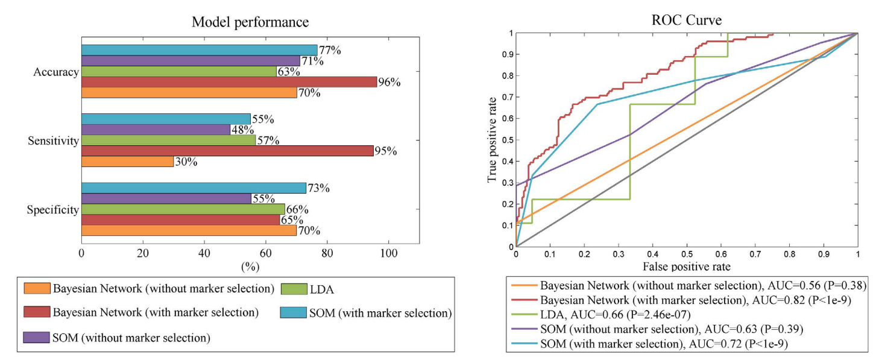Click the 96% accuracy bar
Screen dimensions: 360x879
pos(229,82)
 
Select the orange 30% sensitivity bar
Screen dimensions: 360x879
pos(127,162)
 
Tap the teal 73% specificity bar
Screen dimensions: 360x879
pos(194,188)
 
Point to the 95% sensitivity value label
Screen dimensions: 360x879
pos(386,151)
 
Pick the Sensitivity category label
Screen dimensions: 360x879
pos(53,141)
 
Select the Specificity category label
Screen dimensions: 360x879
pos(53,210)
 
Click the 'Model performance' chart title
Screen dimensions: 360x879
pos(250,22)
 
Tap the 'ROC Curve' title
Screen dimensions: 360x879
pos(687,21)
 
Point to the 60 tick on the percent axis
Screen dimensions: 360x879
pos(266,254)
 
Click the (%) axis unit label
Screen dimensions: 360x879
pos(250,266)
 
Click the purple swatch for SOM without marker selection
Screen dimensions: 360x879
pos(35,338)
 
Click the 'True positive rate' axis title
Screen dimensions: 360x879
pos(493,139)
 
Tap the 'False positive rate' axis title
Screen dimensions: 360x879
pos(687,266)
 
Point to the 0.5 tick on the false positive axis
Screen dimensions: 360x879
pos(687,254)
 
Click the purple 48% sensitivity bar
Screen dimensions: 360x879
pos(156,130)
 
